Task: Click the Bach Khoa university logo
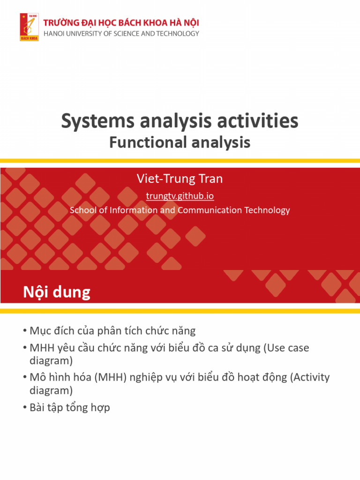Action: (29, 27)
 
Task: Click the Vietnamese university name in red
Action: (121, 22)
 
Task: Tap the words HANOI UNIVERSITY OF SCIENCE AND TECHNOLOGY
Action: (121, 33)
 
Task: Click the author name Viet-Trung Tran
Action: (180, 179)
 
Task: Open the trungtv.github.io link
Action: (180, 195)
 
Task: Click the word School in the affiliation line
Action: (82, 210)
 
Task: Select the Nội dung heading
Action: (57, 292)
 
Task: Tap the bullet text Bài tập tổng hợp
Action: (69, 407)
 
